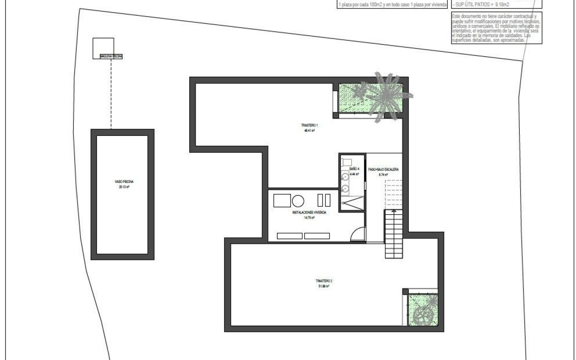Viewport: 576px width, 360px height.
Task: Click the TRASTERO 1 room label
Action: point(309,125)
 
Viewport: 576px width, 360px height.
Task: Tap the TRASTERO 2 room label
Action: point(324,281)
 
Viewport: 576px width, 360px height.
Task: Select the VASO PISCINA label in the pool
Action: point(121,182)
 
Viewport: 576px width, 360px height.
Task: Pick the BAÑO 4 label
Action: point(354,169)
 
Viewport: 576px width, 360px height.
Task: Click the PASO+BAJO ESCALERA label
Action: point(383,169)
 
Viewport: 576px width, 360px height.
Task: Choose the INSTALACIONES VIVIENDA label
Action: point(309,213)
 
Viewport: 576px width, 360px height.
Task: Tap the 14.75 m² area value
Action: point(309,218)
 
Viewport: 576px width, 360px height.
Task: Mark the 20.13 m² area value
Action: point(121,186)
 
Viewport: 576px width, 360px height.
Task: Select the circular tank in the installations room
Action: point(298,201)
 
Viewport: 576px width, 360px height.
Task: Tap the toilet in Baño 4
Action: point(346,162)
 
